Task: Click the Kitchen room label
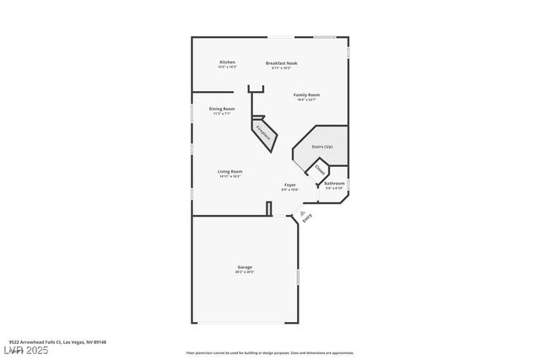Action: (227, 62)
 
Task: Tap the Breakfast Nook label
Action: (281, 62)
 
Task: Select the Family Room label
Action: (306, 94)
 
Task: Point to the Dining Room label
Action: (222, 109)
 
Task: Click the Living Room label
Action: (230, 171)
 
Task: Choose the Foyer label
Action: (289, 184)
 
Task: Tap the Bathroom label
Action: (335, 183)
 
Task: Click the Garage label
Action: (244, 267)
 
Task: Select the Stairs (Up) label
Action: (322, 147)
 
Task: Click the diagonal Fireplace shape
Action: (264, 134)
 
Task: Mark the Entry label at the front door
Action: (306, 217)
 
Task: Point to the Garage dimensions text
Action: (244, 272)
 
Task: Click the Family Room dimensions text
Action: (306, 99)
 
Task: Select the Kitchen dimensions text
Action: (227, 67)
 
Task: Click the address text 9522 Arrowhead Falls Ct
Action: (62, 342)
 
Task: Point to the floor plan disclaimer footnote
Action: (269, 353)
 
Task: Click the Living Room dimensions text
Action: (230, 176)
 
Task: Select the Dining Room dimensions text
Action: (222, 114)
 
